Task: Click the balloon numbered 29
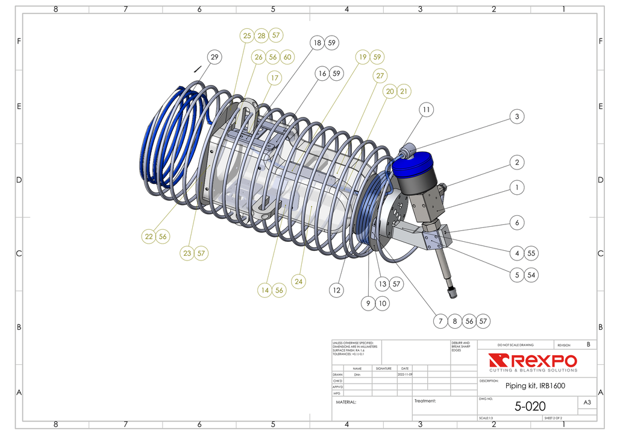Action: pos(214,57)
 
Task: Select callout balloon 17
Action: pos(274,78)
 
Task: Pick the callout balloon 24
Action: pos(299,281)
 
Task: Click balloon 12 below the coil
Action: pos(337,290)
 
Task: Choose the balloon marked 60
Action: pos(287,57)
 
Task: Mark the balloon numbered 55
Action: pos(531,253)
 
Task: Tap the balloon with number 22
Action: pos(149,236)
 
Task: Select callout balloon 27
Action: pos(380,76)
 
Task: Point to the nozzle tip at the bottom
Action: pos(453,293)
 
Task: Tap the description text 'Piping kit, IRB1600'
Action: pos(535,386)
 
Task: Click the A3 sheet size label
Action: pos(587,402)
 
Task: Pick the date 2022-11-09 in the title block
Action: pos(405,374)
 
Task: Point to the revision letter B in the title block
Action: pos(588,344)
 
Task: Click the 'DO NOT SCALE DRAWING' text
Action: pos(515,345)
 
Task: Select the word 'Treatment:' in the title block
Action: pos(425,401)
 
